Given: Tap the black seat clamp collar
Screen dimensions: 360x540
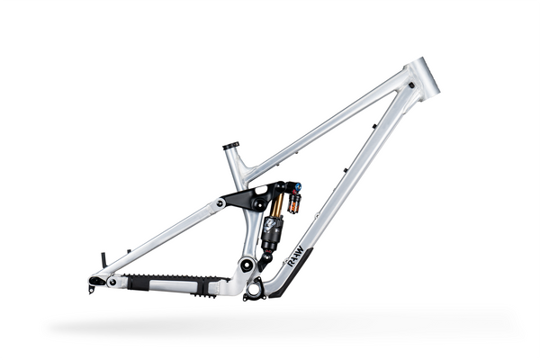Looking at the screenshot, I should click(x=231, y=145).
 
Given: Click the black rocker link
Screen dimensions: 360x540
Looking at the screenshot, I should click(x=247, y=198).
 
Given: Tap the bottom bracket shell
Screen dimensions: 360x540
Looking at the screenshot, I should click(x=254, y=289).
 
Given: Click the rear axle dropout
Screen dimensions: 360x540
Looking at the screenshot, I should click(x=94, y=283).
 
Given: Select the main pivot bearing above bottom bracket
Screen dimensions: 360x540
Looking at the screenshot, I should click(x=243, y=265).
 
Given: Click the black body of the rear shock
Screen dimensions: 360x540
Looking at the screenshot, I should click(x=271, y=235).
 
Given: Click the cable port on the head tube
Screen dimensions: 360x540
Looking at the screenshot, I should click(x=410, y=85).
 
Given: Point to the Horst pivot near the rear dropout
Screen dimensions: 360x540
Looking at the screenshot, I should click(x=112, y=282).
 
